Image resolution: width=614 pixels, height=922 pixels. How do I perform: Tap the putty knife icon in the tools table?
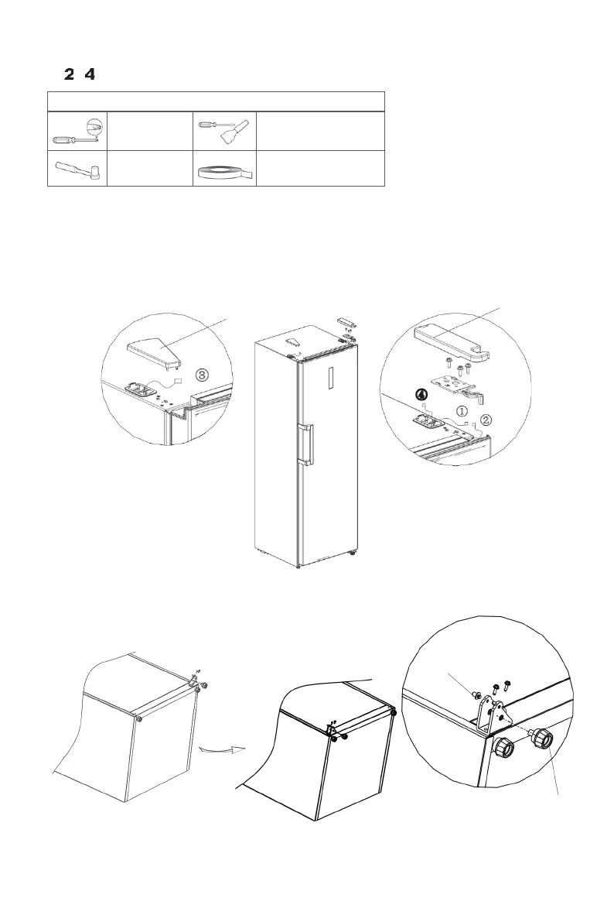click(x=223, y=130)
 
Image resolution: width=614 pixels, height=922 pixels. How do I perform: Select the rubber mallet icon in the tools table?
click(x=77, y=169)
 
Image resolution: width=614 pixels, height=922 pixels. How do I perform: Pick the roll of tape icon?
click(x=224, y=171)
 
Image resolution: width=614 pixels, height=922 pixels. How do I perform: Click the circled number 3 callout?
click(x=202, y=375)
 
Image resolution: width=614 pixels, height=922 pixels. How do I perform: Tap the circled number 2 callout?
click(x=486, y=420)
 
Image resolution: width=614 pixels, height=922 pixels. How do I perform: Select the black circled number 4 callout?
click(x=420, y=394)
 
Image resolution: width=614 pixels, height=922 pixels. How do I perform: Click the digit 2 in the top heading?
click(x=70, y=74)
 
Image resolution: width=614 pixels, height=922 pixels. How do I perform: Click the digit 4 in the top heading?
click(x=89, y=74)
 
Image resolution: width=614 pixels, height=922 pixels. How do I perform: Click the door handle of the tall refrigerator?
click(x=307, y=444)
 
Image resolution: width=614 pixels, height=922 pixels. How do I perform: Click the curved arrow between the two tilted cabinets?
click(x=220, y=749)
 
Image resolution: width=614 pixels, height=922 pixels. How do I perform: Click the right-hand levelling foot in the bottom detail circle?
click(x=541, y=737)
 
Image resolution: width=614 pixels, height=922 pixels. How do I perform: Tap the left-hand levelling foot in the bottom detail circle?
click(x=503, y=746)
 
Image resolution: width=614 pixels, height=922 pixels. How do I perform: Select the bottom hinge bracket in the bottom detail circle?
click(x=493, y=713)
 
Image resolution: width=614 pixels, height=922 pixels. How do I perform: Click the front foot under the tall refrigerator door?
click(x=298, y=565)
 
